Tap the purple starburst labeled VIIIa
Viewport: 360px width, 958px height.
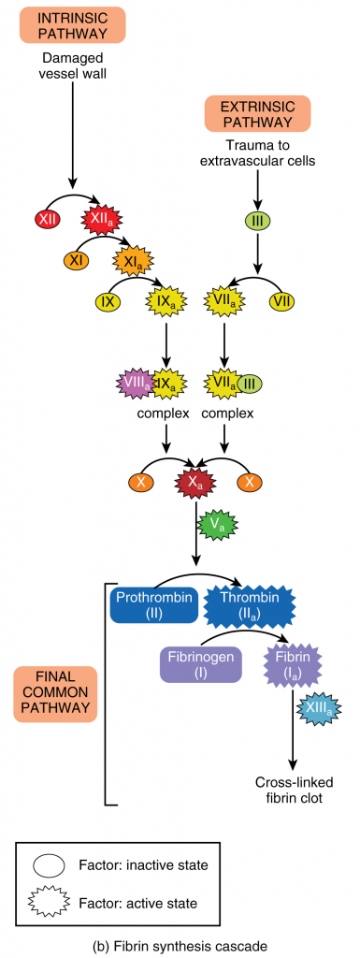[x=135, y=383]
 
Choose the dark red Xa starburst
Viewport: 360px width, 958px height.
[x=195, y=484]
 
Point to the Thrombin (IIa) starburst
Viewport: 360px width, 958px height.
[x=250, y=603]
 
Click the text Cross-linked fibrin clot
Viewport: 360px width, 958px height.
[x=293, y=788]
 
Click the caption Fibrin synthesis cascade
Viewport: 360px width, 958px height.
[x=180, y=945]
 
